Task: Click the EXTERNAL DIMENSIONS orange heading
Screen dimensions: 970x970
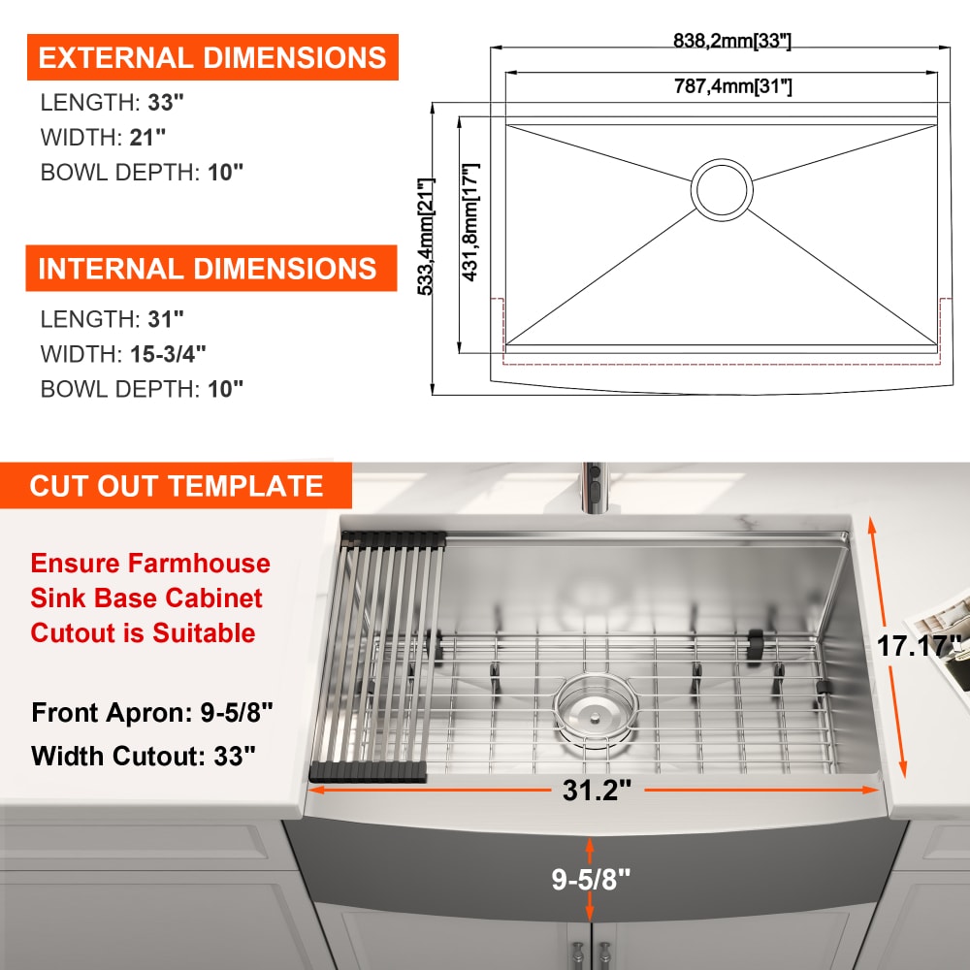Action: [212, 57]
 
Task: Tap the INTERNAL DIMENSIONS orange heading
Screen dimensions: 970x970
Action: [210, 268]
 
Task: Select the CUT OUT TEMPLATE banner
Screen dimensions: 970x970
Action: [176, 486]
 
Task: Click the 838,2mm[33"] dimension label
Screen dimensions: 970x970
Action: [731, 40]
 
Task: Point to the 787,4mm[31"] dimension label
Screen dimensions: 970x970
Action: [732, 85]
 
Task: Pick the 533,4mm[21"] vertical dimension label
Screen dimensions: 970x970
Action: [426, 237]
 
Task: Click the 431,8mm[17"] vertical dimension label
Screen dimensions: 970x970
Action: [470, 222]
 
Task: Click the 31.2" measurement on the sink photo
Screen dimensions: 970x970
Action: [597, 790]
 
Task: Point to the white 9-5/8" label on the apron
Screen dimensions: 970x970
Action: [591, 879]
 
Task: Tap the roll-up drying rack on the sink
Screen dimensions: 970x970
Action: [376, 656]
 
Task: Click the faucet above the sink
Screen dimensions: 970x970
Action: [592, 488]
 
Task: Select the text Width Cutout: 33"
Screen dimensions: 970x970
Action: [143, 756]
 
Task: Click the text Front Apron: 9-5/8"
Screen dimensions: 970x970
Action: [152, 713]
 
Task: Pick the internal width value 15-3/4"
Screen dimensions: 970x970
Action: [168, 354]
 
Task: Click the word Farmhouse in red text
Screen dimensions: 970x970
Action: [199, 563]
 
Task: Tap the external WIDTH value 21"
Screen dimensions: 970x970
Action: [147, 137]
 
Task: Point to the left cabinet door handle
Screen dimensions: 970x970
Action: [578, 954]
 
